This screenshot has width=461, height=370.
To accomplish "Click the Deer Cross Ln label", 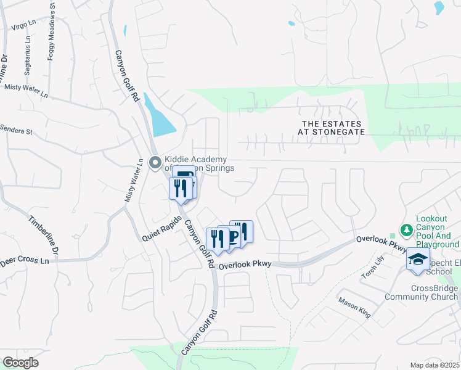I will coord(24,261).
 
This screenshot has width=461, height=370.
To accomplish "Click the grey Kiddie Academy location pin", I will coord(155,163).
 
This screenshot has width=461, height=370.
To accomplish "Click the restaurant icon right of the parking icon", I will coord(242,231).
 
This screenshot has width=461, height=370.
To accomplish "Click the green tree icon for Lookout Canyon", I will coord(406,230).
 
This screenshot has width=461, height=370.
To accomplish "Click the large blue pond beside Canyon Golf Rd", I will coord(160,117).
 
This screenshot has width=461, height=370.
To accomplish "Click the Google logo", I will coord(20,363).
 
